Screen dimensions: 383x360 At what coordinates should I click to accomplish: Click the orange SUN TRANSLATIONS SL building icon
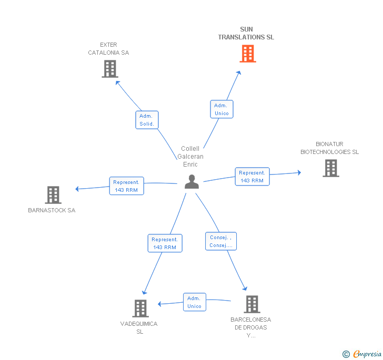coord(248,54)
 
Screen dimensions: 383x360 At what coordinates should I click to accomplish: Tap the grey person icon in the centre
coord(191,182)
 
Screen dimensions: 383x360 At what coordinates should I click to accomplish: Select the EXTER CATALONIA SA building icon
coord(110,69)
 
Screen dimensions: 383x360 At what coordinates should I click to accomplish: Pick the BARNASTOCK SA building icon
coord(53,195)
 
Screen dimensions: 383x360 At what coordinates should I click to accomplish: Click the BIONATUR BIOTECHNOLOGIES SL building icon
coord(331,168)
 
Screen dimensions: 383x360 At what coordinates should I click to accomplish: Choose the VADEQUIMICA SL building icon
coord(140,308)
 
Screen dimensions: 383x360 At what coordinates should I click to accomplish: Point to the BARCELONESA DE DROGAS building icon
coord(252,304)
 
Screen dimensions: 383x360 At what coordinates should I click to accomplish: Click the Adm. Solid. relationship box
coord(147,120)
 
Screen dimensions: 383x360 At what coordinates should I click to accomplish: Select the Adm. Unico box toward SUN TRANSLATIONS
coord(222,109)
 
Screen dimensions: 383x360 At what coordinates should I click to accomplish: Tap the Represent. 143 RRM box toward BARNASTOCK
coord(126,186)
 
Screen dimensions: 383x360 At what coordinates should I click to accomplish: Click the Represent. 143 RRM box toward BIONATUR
coord(253,177)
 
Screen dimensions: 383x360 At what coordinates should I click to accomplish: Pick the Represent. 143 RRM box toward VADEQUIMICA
coord(165,243)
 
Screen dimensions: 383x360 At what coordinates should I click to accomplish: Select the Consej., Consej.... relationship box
coord(221,241)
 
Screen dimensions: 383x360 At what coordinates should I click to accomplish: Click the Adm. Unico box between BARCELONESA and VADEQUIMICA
coord(195,302)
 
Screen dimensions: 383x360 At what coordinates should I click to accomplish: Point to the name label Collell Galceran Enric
coord(190,157)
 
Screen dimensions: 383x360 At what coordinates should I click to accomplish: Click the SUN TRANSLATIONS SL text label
coord(246,33)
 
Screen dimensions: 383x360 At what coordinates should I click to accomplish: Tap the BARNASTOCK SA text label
coord(52,210)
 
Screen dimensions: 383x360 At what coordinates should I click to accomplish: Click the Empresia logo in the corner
coord(362,354)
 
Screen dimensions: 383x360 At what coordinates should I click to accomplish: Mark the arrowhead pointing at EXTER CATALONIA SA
coord(117,83)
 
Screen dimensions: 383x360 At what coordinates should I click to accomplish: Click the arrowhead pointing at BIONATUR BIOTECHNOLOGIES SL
coord(299,172)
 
